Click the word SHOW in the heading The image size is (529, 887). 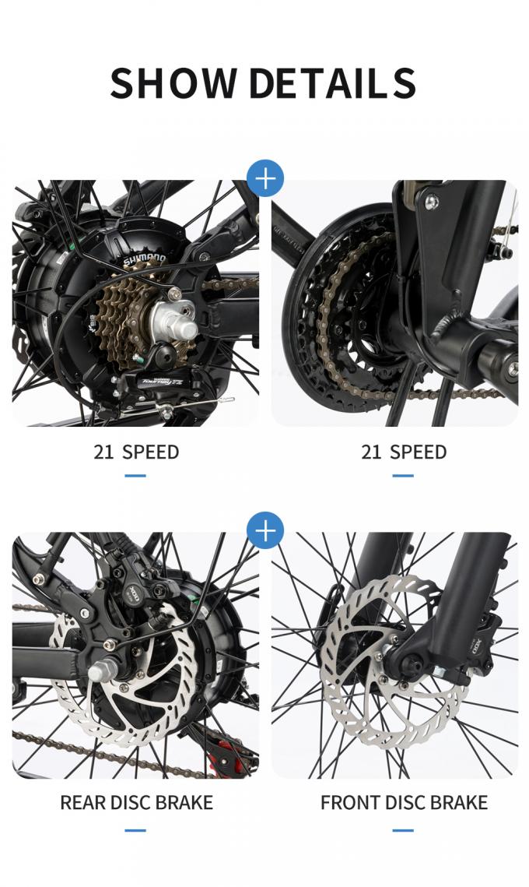173,83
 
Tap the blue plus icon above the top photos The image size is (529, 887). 265,179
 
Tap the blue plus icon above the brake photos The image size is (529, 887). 265,531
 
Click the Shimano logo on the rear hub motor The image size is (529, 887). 144,259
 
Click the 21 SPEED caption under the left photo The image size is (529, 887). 136,452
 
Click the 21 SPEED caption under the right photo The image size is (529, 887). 404,452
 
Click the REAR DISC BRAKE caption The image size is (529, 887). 136,802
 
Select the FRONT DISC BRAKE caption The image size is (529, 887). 404,802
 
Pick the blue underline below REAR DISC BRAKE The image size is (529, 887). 135,829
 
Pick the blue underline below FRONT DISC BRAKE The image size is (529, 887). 403,829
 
